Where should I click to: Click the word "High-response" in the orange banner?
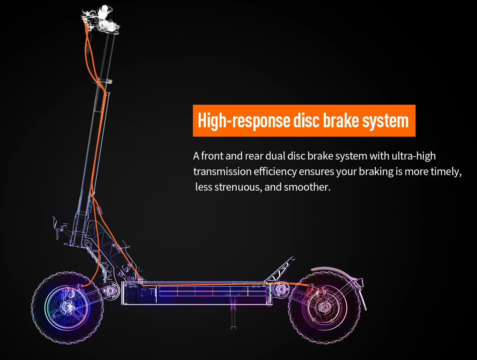coord(244,121)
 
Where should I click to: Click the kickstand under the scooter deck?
coord(233,315)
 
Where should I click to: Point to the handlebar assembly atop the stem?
coord(101,20)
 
